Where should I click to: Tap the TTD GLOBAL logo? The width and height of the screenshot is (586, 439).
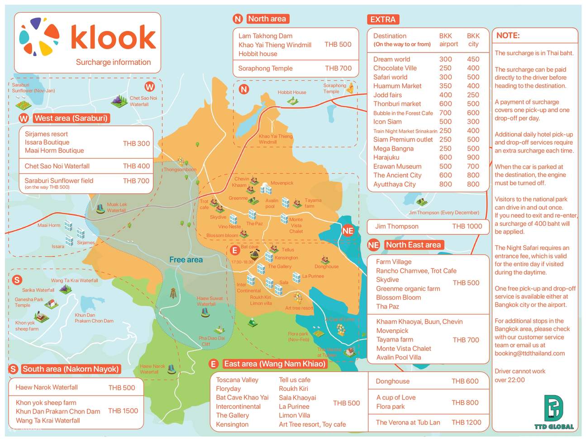(554, 412)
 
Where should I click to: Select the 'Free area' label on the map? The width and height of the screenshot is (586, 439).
(186, 260)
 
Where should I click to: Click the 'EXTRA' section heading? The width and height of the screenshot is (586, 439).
(383, 19)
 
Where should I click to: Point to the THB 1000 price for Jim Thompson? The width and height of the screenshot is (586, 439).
(467, 226)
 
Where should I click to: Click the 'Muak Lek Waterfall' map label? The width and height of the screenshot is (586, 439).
(116, 207)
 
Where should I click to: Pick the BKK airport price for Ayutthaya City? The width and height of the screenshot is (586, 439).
(445, 184)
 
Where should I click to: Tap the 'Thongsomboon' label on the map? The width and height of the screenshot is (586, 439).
(180, 170)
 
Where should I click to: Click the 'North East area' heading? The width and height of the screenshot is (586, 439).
(413, 245)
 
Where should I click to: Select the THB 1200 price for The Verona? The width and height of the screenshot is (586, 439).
(466, 422)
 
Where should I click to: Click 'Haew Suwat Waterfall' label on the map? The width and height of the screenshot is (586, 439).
(210, 301)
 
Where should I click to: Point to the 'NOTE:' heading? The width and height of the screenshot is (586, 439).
(508, 36)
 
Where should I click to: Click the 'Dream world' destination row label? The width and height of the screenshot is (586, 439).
(391, 59)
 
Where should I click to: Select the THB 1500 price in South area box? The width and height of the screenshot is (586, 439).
(123, 411)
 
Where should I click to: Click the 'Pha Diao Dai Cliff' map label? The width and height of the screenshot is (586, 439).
(211, 341)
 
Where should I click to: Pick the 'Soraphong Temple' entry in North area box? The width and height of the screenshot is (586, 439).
(265, 68)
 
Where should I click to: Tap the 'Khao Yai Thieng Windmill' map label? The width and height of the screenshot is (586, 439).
(275, 139)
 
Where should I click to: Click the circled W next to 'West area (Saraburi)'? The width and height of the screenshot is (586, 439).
(24, 119)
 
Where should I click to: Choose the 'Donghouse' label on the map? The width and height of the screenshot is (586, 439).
(326, 267)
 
